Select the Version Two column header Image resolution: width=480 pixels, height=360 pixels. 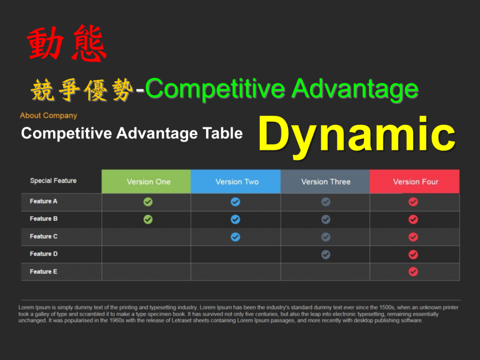(236, 182)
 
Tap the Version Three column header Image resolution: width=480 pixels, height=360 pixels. (325, 182)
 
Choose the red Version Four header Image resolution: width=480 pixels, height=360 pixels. (415, 182)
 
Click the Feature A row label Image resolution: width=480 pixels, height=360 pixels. (44, 201)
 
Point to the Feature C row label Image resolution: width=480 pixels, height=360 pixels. (44, 237)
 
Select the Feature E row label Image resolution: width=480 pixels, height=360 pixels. (44, 271)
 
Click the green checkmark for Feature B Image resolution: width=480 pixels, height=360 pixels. (148, 219)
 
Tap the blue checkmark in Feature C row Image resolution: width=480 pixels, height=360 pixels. (235, 237)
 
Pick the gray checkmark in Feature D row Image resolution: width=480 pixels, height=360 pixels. (326, 254)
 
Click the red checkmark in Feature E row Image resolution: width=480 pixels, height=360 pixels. (413, 271)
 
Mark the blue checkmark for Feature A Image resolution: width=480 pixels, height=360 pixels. (235, 202)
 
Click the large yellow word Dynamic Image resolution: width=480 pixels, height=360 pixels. (357, 135)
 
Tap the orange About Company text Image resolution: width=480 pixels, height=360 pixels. (48, 115)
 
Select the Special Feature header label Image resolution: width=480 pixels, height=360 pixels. (53, 181)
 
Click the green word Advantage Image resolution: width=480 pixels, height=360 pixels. (355, 89)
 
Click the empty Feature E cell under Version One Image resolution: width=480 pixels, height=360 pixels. (146, 272)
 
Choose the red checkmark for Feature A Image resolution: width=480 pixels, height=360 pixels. (413, 202)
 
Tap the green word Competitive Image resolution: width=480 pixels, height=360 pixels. (215, 89)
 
